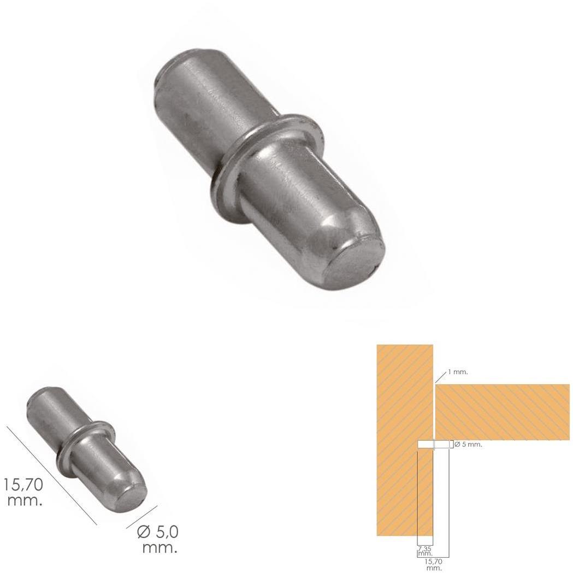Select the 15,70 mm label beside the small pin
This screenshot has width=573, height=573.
23,492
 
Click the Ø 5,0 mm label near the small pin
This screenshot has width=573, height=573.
158,539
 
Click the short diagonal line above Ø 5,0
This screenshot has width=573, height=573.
142,517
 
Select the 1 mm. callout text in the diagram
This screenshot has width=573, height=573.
458,372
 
